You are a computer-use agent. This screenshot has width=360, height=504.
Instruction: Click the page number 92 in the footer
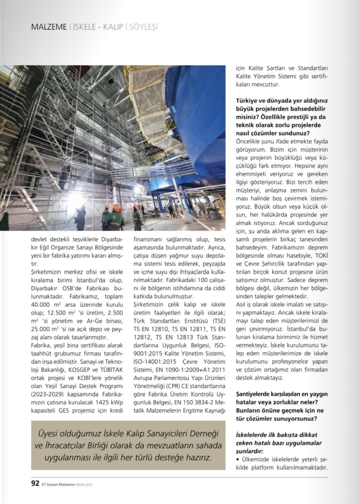click(35, 483)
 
